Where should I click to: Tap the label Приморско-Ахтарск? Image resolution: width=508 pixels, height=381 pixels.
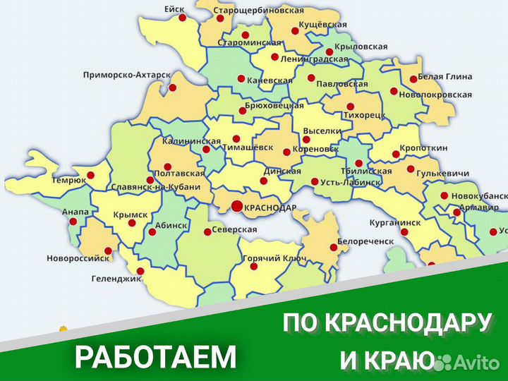pyautogui.click(x=126, y=75)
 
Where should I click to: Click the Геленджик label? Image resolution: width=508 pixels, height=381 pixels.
pyautogui.click(x=114, y=279)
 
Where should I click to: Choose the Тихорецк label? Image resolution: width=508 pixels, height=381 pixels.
pyautogui.click(x=364, y=113)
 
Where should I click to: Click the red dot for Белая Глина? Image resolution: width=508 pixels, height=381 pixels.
pyautogui.click(x=413, y=79)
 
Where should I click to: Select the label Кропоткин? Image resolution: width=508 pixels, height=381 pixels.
pyautogui.click(x=424, y=149)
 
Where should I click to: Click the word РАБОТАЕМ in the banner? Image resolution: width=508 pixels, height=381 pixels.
pyautogui.click(x=155, y=358)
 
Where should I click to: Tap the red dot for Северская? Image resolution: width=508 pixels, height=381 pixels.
pyautogui.click(x=207, y=231)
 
